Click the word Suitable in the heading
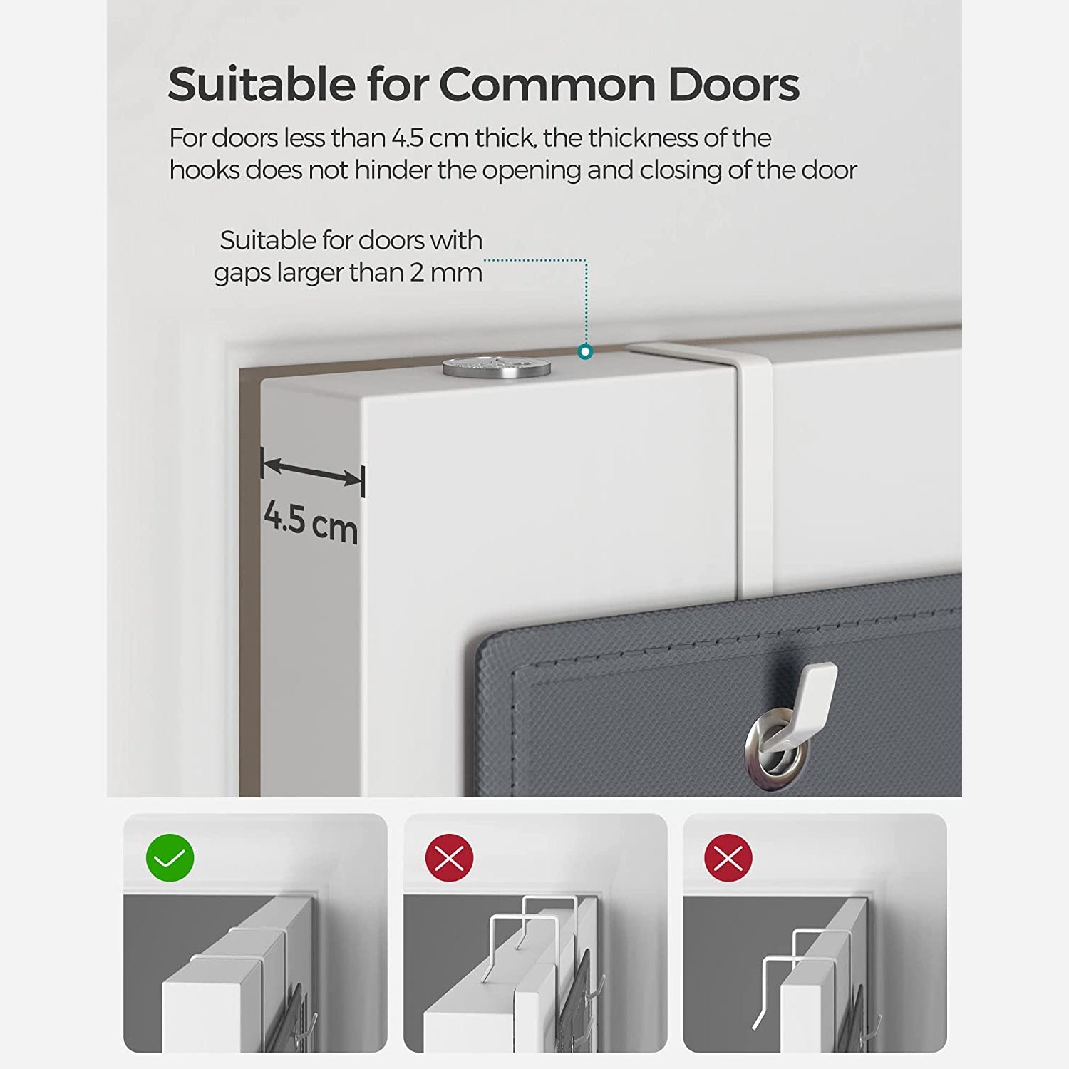(262, 85)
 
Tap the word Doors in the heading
(734, 85)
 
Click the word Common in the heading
(547, 85)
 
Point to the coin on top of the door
(497, 366)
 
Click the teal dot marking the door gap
(585, 351)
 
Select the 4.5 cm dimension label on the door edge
(311, 522)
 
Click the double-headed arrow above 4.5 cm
(313, 472)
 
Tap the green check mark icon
(170, 857)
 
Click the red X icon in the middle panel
(450, 857)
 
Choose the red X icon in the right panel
(728, 857)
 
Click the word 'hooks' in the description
(205, 170)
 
